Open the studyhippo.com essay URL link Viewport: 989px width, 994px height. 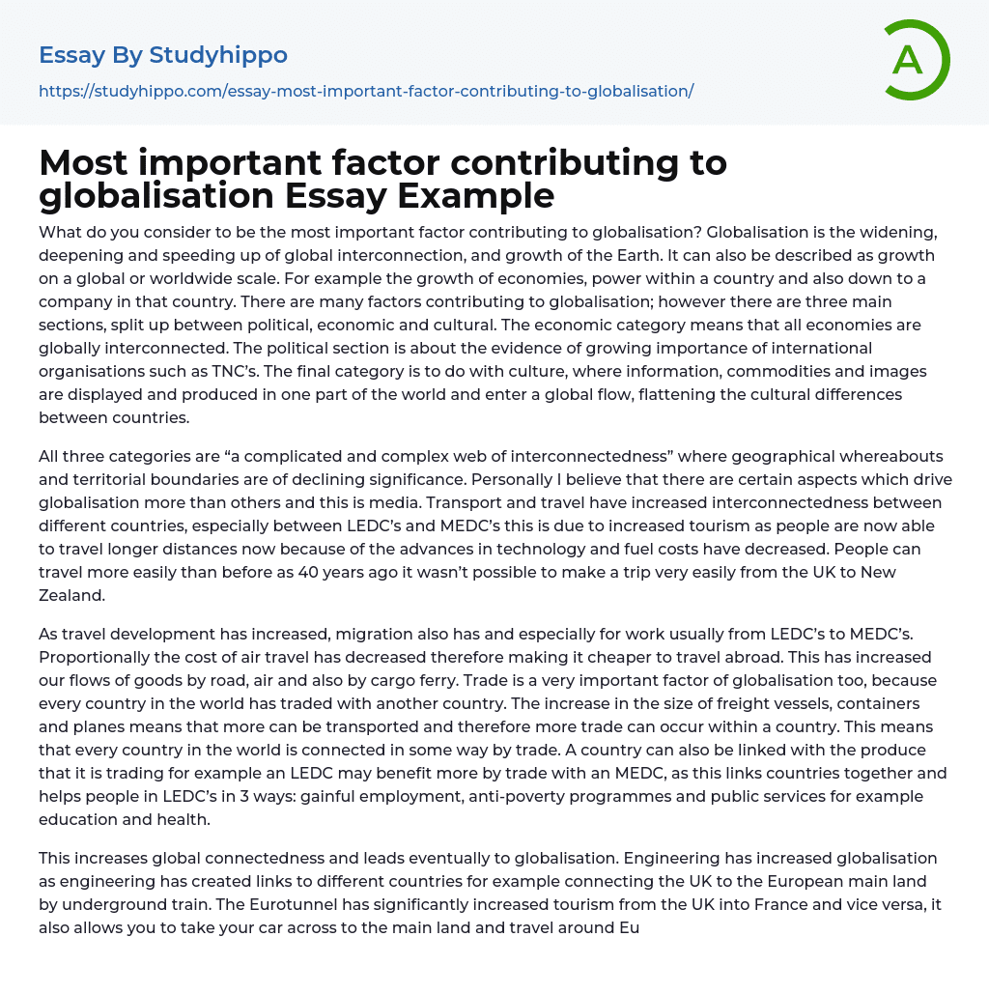pyautogui.click(x=366, y=92)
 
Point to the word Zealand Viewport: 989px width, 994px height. pyautogui.click(x=71, y=595)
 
